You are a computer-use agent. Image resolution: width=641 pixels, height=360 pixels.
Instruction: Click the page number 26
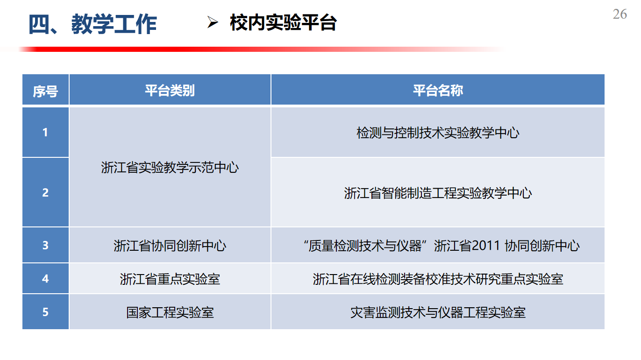(x=620, y=14)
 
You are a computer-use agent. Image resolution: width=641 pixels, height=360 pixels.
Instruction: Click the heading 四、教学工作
(x=93, y=24)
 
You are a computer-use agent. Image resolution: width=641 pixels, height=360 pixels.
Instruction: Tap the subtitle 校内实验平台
(x=283, y=22)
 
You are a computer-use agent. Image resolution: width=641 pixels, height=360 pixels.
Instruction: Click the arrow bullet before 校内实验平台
(x=213, y=22)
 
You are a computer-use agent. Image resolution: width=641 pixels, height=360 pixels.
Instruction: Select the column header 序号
(x=45, y=91)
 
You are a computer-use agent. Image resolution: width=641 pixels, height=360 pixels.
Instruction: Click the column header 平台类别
(x=170, y=91)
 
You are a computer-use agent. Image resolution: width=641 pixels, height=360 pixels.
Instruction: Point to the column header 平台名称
(x=438, y=91)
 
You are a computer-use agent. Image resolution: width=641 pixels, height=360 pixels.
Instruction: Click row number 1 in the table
(x=45, y=133)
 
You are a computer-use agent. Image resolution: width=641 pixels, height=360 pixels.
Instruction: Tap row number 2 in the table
(x=45, y=192)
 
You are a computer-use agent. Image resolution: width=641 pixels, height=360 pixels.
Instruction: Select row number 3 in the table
(x=45, y=245)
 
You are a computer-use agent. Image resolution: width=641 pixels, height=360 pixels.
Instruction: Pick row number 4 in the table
(x=45, y=278)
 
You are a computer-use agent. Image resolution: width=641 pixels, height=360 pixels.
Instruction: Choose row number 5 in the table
(x=45, y=312)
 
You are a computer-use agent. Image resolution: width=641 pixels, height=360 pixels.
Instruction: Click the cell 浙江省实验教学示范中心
(x=170, y=168)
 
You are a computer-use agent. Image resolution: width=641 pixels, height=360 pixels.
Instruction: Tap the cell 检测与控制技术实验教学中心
(x=438, y=133)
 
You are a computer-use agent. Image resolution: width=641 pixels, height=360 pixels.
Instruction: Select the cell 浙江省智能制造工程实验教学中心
(x=438, y=193)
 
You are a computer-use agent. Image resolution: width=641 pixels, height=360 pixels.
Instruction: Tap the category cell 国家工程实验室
(x=170, y=312)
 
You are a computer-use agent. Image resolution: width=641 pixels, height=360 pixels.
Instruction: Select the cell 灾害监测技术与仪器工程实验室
(x=438, y=312)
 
